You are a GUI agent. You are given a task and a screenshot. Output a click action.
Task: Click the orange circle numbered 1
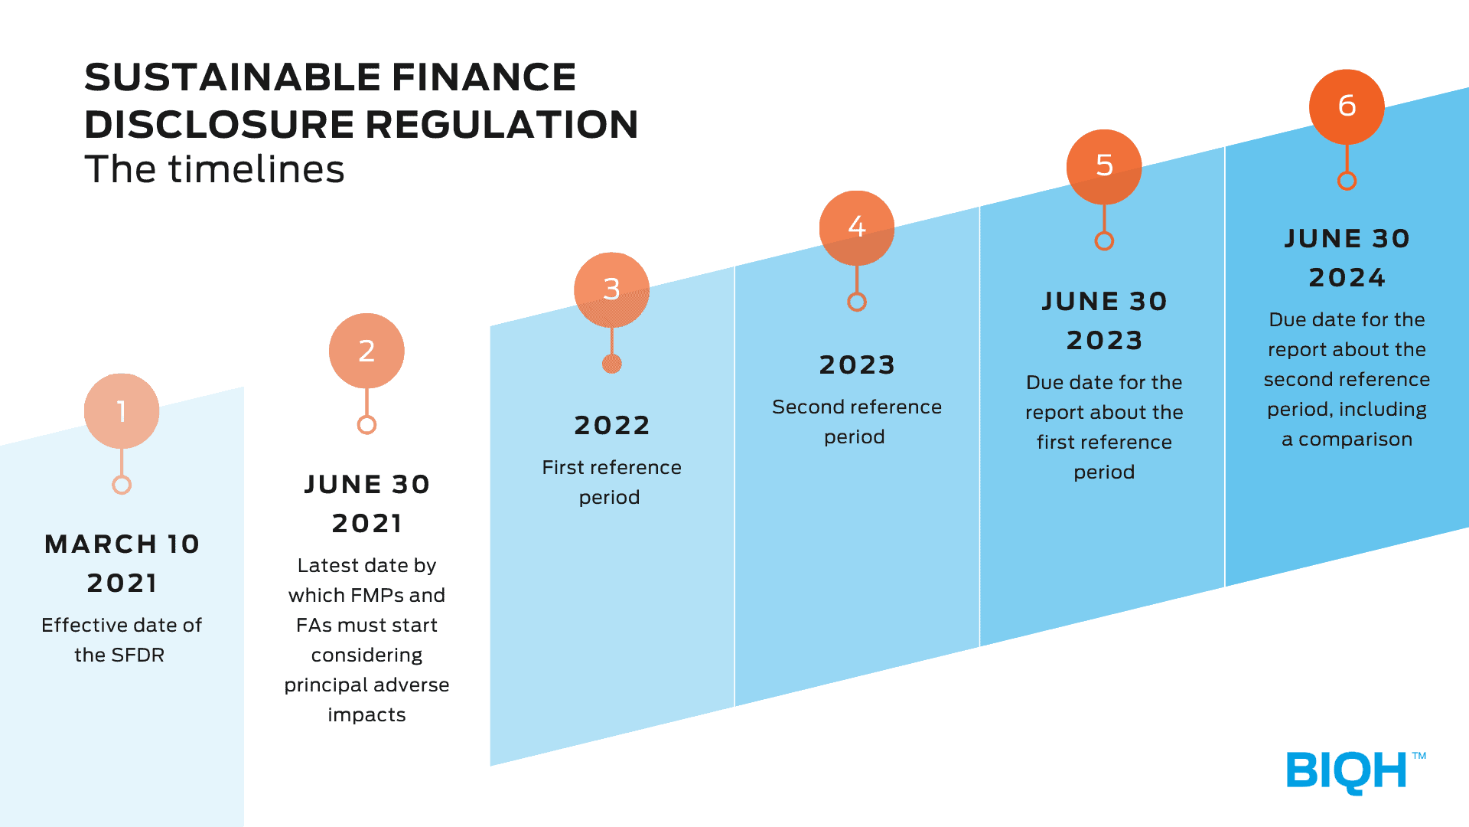pyautogui.click(x=122, y=411)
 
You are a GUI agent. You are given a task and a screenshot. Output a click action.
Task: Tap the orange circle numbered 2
pyautogui.click(x=366, y=351)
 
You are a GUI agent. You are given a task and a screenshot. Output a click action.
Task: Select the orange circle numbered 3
pyautogui.click(x=611, y=289)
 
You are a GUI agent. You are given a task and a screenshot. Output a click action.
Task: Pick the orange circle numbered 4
pyautogui.click(x=857, y=227)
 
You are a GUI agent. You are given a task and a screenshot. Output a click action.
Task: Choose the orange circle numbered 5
pyautogui.click(x=1104, y=167)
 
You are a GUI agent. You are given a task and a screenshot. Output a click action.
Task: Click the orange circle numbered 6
pyautogui.click(x=1347, y=106)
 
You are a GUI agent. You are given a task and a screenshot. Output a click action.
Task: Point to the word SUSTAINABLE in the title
pyautogui.click(x=233, y=77)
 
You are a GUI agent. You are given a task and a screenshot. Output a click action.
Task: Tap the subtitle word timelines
pyautogui.click(x=256, y=169)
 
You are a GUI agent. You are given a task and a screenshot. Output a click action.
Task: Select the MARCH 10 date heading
pyautogui.click(x=122, y=544)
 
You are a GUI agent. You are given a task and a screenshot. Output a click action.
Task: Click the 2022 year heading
pyautogui.click(x=612, y=425)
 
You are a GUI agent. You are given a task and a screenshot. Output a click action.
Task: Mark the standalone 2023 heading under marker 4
pyautogui.click(x=857, y=364)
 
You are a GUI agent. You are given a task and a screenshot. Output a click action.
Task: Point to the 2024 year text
pyautogui.click(x=1347, y=277)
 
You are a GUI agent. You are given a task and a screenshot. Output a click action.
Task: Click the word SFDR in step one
pyautogui.click(x=138, y=655)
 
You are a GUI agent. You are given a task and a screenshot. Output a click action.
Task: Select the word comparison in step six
pyautogui.click(x=1355, y=440)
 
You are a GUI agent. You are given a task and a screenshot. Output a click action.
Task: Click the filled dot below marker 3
pyautogui.click(x=611, y=364)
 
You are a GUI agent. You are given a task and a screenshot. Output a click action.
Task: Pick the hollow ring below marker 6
pyautogui.click(x=1347, y=181)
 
